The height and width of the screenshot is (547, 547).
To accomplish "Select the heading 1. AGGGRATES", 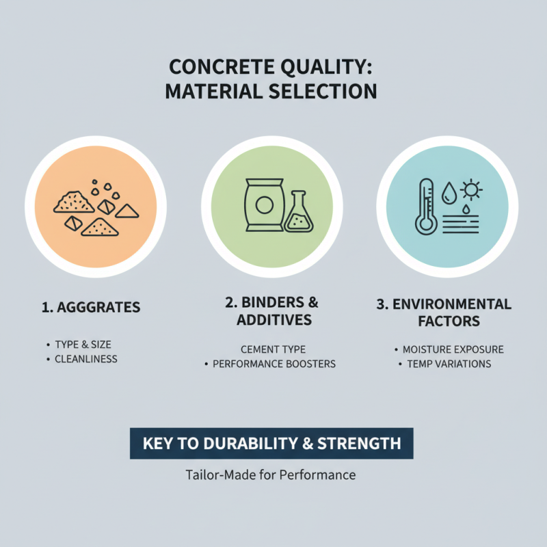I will pos(90,308).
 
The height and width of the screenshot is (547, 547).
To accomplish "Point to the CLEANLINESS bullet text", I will pos(86,359).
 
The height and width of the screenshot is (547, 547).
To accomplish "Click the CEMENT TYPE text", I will pos(273,349).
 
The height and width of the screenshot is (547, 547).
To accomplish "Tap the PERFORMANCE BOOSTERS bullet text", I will pos(274,364).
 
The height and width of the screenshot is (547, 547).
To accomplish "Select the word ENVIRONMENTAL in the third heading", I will pos(451,304).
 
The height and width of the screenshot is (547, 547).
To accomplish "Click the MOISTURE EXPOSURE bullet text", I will pos(453,349).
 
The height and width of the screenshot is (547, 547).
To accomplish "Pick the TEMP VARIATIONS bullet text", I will pos(449,364).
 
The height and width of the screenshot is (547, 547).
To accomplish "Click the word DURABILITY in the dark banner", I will pos(246,444).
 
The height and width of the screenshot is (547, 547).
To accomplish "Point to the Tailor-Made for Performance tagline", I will pos(271,475).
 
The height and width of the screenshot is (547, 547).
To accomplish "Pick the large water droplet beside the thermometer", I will pos(449,193).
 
